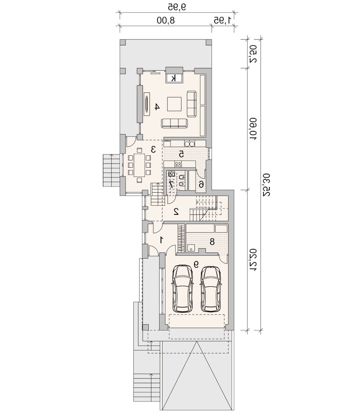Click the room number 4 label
click(157, 107)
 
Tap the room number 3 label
click(153, 149)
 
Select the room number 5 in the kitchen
click(181, 153)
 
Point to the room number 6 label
click(201, 184)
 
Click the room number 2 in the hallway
click(176, 211)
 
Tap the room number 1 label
click(161, 240)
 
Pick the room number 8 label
click(212, 242)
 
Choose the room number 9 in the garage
click(196, 264)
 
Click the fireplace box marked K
click(174, 78)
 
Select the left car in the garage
click(182, 289)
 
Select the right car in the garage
click(211, 289)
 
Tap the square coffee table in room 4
click(174, 104)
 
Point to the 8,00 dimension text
click(166, 21)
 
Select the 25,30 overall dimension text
click(267, 185)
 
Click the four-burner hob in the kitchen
click(178, 164)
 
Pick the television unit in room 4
click(146, 104)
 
